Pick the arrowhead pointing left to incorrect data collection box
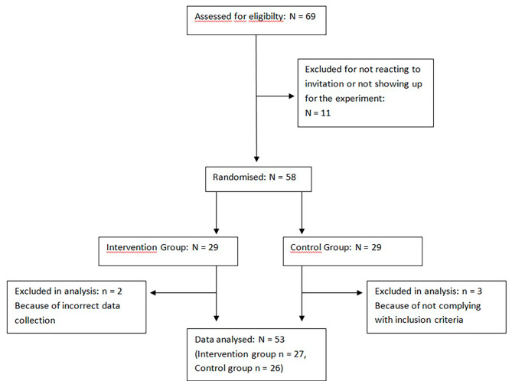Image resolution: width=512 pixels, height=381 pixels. [153, 291]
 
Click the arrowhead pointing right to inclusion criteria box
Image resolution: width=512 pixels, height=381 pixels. [363, 291]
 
